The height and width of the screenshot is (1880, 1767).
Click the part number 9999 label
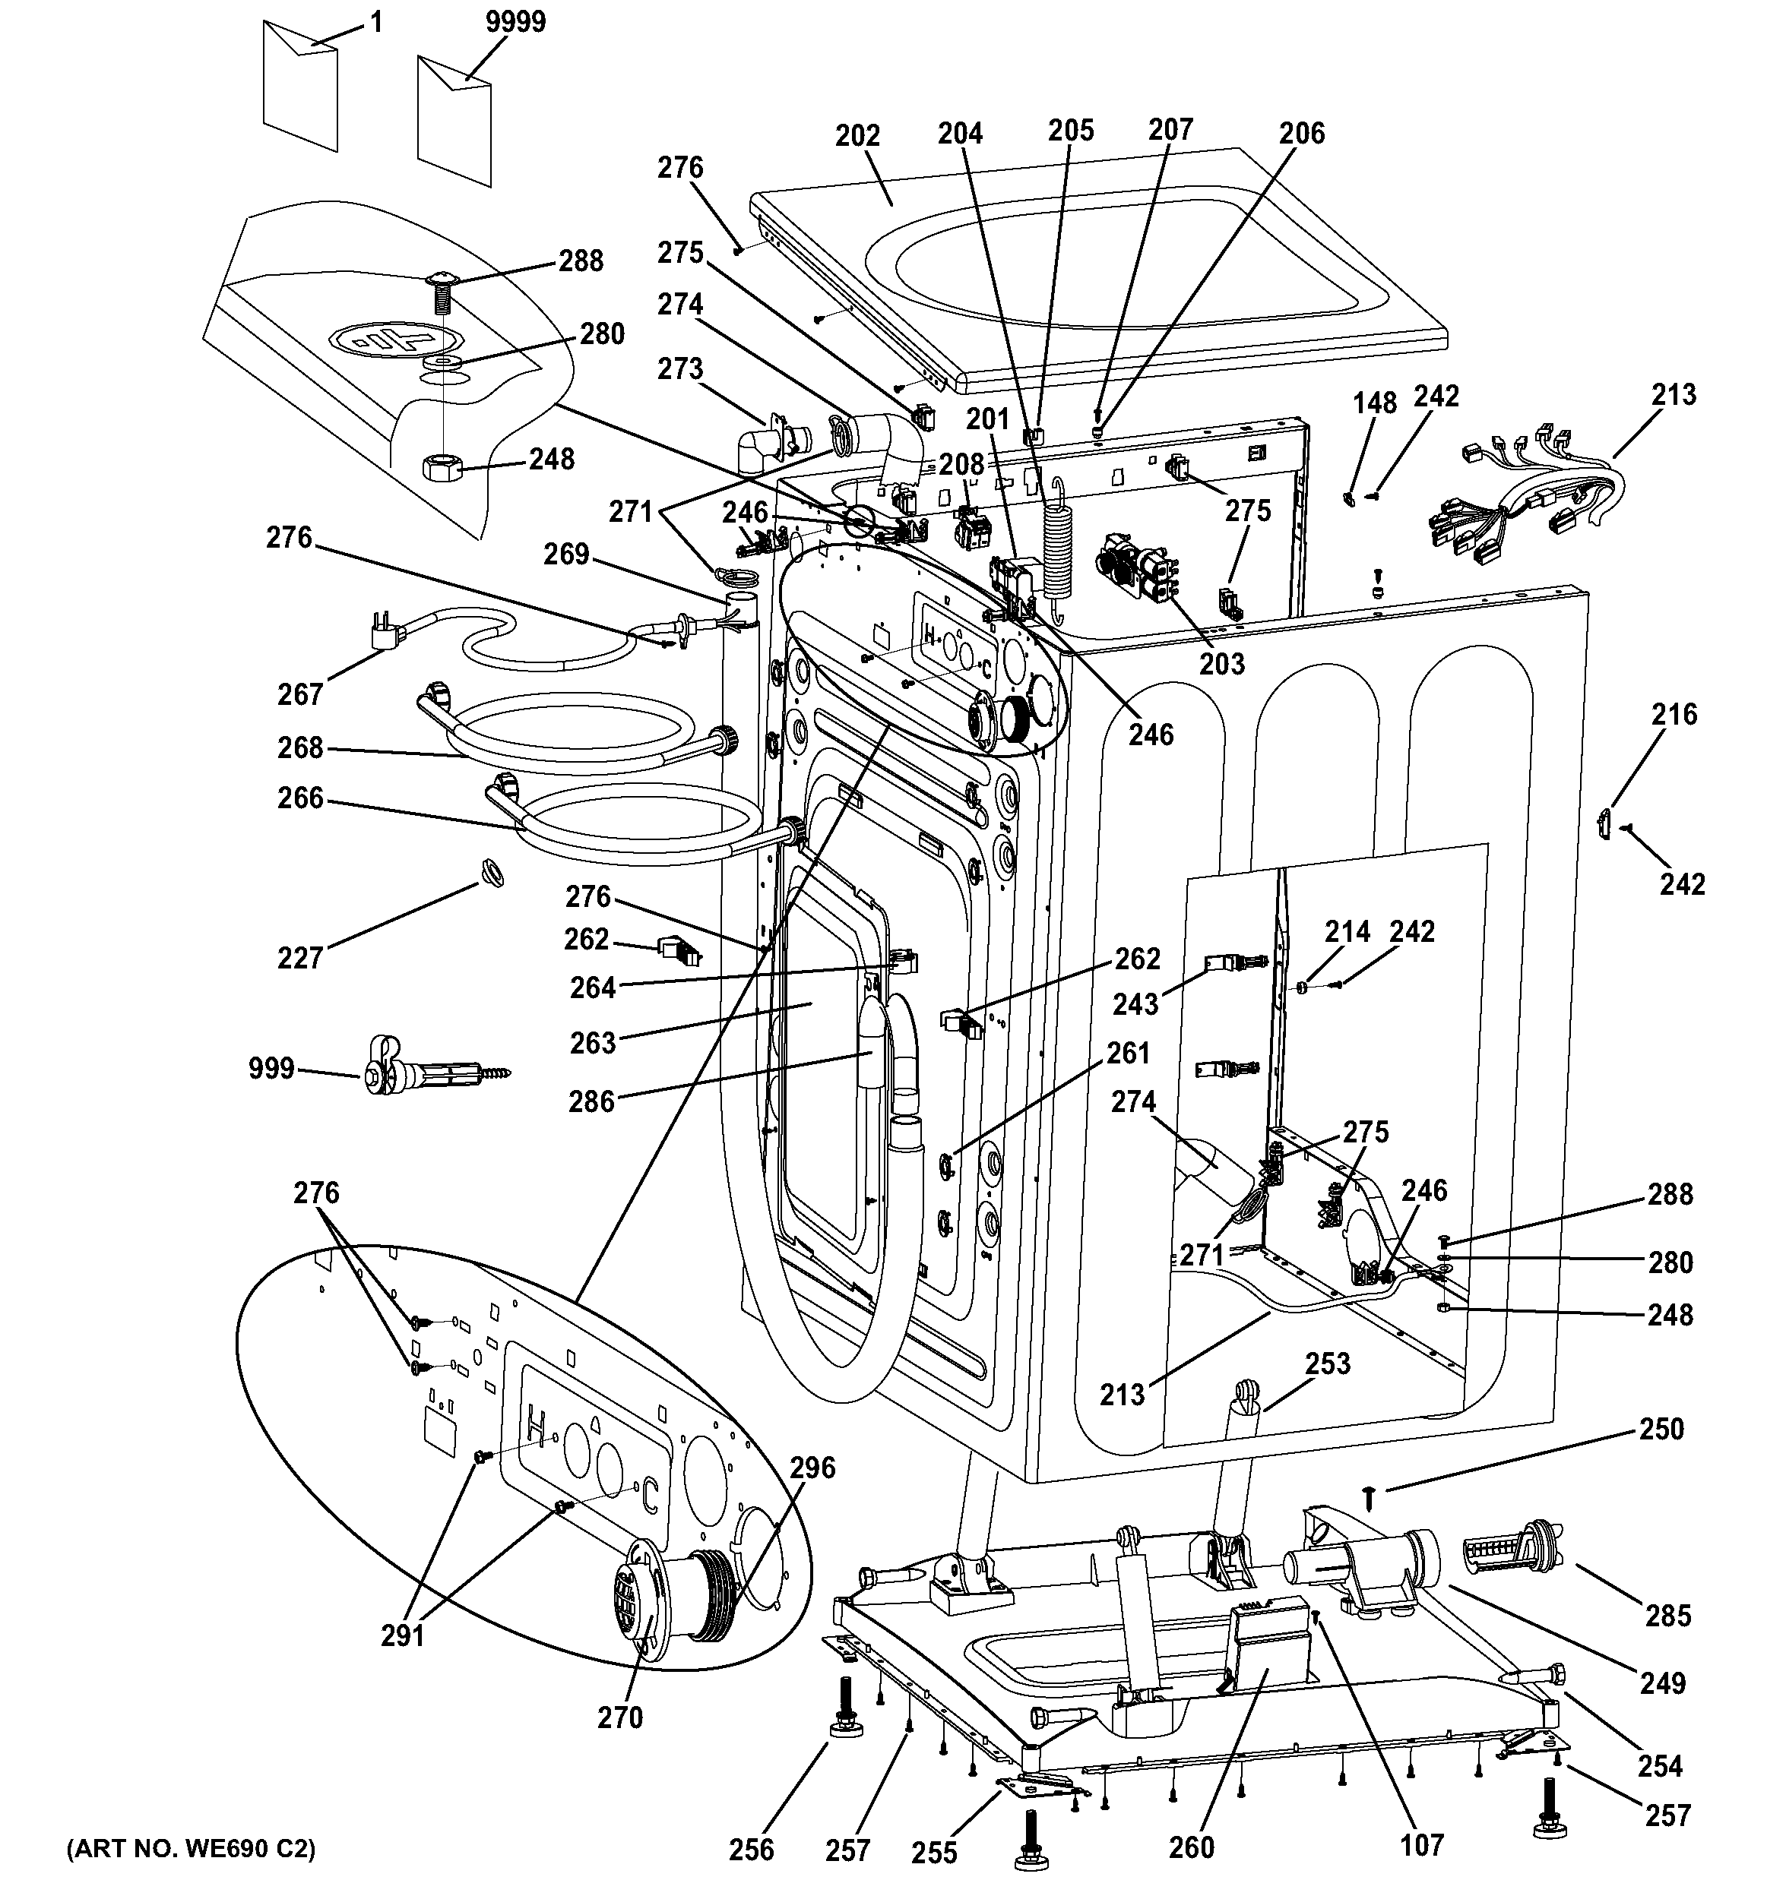(x=515, y=22)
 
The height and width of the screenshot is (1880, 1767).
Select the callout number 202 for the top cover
(x=857, y=136)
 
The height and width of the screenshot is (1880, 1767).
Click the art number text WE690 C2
(x=190, y=1848)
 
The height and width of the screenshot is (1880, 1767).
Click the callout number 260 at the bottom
(x=1191, y=1846)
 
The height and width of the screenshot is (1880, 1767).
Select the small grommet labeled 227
(x=492, y=871)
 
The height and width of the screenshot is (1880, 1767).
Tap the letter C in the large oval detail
(x=651, y=1494)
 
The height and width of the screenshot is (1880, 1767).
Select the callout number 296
(x=812, y=1467)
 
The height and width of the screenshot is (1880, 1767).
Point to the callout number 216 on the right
(x=1674, y=714)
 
